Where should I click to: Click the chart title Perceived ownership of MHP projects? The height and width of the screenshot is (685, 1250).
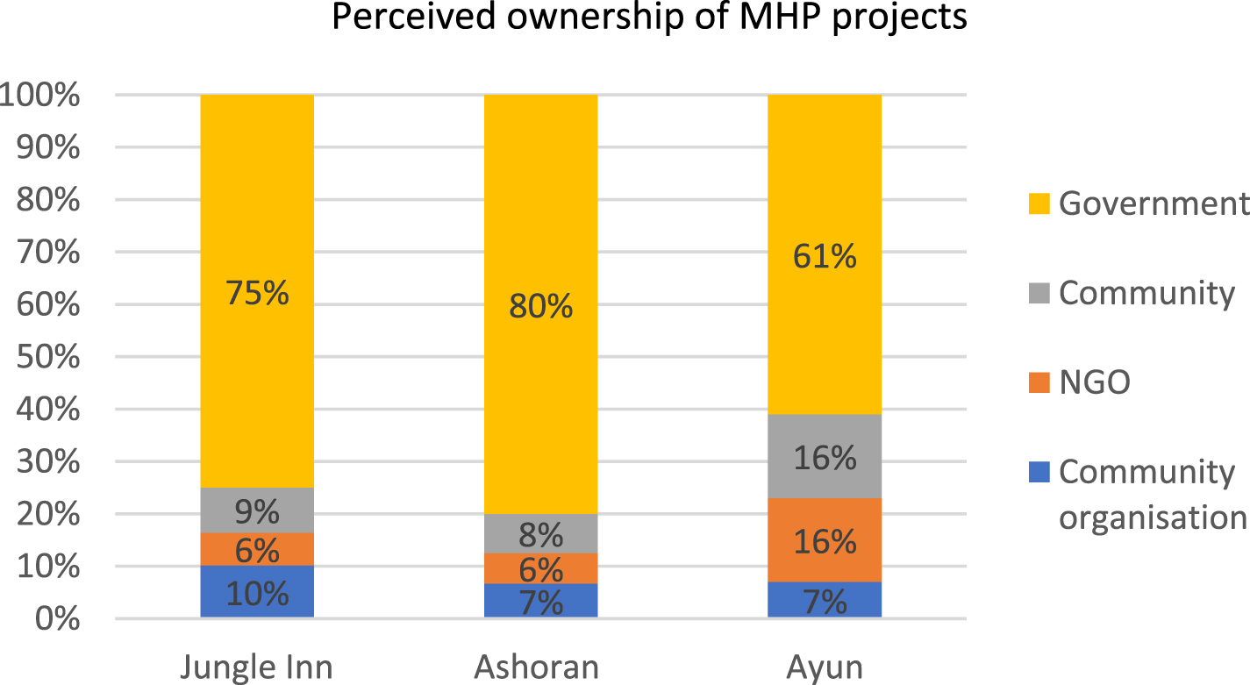[649, 18]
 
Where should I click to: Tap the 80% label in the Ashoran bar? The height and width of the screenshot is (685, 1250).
[540, 307]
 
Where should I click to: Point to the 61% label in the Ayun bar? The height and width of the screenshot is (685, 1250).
[825, 257]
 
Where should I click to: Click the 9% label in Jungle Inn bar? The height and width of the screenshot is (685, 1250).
[257, 510]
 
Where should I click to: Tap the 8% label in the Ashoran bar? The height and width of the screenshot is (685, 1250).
[540, 534]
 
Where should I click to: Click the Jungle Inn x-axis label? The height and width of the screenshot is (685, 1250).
[257, 667]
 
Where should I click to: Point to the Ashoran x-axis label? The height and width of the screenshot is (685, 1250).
[537, 667]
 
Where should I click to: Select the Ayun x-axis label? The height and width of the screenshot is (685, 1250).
[825, 667]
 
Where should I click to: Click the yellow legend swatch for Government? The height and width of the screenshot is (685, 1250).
[1040, 204]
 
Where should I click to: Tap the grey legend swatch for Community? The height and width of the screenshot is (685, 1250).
[1040, 294]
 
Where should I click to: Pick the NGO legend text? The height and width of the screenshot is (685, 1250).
[1095, 382]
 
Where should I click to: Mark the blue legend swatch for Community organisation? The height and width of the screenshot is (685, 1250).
[1040, 473]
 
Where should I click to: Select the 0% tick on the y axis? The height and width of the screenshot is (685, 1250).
[54, 619]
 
